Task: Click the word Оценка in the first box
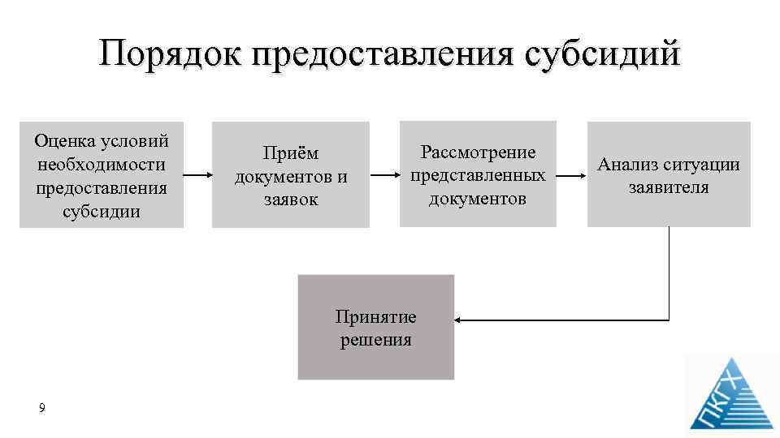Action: pyautogui.click(x=66, y=141)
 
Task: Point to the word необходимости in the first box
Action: pyautogui.click(x=102, y=165)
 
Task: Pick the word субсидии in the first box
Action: pyautogui.click(x=102, y=212)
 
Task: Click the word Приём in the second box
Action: pyautogui.click(x=290, y=153)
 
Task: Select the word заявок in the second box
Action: pyautogui.click(x=290, y=199)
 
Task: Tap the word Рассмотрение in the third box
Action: pyautogui.click(x=478, y=152)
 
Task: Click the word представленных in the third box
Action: pyautogui.click(x=478, y=175)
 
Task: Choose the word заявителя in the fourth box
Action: pyautogui.click(x=669, y=187)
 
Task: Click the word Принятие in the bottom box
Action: pyautogui.click(x=375, y=316)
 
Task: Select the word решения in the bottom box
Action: pyautogui.click(x=375, y=340)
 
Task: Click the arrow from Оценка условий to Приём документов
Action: pyautogui.click(x=197, y=175)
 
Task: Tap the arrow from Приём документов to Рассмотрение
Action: pyautogui.click(x=384, y=174)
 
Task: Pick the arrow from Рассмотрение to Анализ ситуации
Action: pyautogui.click(x=572, y=174)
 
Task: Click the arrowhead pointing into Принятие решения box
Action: pyautogui.click(x=460, y=321)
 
